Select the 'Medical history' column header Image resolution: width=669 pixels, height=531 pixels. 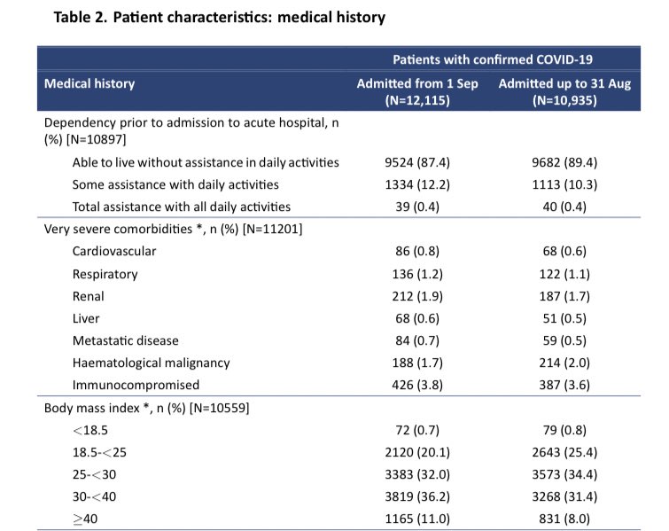[x=89, y=83]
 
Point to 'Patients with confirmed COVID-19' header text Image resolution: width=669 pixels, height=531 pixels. [x=492, y=59]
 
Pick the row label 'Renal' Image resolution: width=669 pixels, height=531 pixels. [x=89, y=296]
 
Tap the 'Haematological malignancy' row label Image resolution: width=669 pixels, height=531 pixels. [x=151, y=363]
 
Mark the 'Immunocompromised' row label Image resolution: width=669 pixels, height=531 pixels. [x=136, y=385]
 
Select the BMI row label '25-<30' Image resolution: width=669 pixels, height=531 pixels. [x=94, y=475]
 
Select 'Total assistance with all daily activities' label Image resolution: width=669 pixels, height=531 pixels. [x=182, y=207]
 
